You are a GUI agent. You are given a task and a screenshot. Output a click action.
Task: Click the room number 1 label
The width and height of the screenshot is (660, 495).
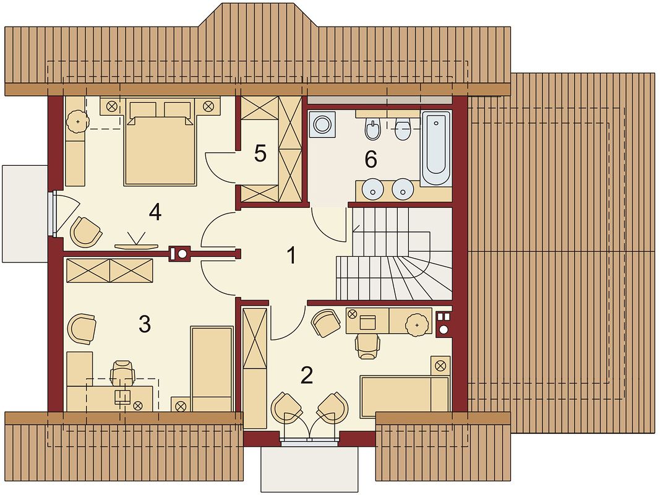(x=291, y=255)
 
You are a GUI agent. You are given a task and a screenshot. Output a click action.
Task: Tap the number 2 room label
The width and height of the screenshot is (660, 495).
(x=307, y=376)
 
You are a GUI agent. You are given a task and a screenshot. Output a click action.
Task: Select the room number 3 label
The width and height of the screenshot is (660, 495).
(x=144, y=324)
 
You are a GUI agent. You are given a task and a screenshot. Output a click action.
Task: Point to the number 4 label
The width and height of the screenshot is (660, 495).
(x=155, y=212)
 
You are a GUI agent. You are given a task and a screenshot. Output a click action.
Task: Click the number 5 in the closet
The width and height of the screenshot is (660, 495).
(x=260, y=153)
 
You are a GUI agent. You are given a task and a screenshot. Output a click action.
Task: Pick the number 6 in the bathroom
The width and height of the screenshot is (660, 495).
(x=371, y=160)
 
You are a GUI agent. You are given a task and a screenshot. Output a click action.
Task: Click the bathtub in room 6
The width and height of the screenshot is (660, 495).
(x=435, y=148)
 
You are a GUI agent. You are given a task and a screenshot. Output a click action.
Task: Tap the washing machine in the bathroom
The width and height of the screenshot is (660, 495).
(x=322, y=124)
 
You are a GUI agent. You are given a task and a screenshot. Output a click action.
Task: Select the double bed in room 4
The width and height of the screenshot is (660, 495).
(x=160, y=142)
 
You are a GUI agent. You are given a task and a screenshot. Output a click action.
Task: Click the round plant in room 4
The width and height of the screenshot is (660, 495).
(x=78, y=122)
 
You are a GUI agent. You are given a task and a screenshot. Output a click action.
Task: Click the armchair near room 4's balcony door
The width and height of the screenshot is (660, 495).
(x=86, y=232)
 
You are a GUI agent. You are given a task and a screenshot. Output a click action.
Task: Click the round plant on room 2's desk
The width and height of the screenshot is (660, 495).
(x=417, y=325)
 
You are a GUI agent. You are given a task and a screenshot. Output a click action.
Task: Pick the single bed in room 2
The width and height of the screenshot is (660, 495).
(x=405, y=397)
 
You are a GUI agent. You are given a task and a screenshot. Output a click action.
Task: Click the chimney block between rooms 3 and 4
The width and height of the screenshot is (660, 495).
(x=179, y=254)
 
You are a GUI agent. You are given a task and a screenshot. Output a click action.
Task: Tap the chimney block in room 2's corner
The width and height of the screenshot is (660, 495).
(x=444, y=324)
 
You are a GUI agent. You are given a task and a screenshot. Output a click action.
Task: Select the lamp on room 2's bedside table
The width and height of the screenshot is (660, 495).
(x=440, y=366)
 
